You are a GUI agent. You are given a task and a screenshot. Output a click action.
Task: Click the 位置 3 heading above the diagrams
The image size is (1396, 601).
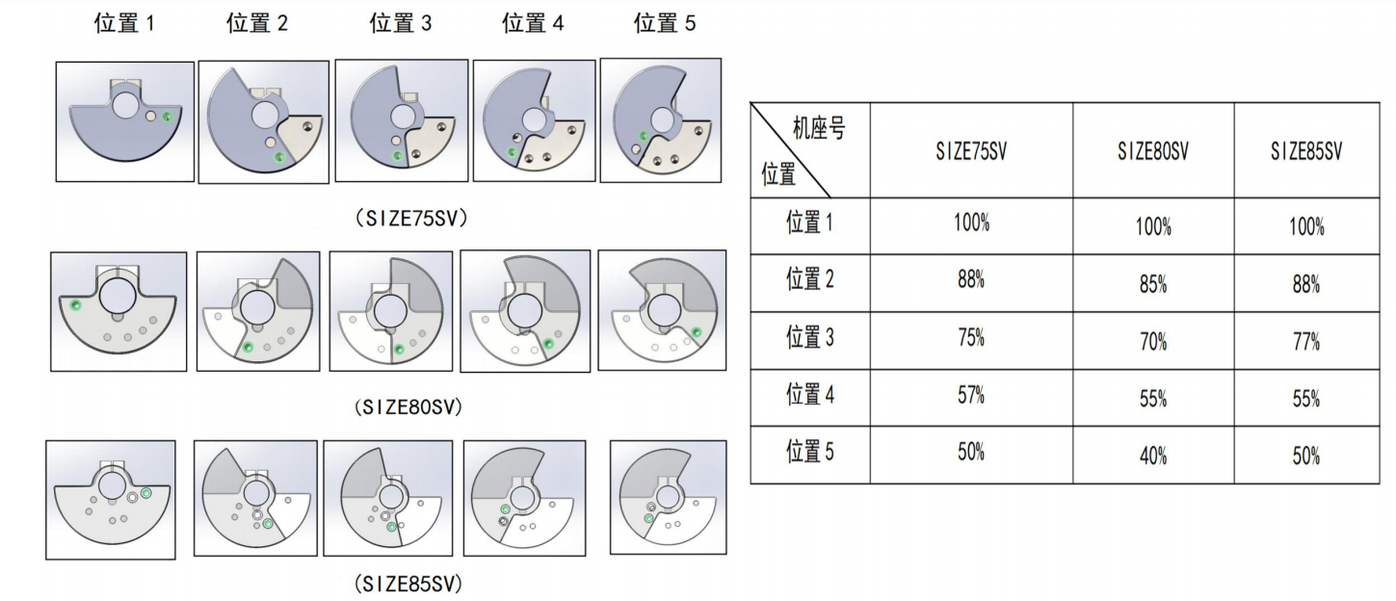pos(400,23)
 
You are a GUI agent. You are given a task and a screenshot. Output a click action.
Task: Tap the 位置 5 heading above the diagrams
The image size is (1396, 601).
pos(665,23)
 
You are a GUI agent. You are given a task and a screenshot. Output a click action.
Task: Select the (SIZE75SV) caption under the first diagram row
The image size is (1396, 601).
pos(411,219)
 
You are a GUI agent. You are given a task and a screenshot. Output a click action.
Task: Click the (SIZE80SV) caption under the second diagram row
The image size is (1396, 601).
pos(408,407)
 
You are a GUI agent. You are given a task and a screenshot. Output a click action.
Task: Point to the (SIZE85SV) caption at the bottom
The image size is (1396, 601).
pos(408,585)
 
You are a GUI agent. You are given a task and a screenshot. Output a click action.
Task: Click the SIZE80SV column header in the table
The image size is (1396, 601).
pos(1153,151)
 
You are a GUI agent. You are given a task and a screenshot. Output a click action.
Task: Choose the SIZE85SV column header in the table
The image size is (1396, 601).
pos(1306,151)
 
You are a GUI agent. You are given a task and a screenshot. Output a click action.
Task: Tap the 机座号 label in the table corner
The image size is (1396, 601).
pos(819,128)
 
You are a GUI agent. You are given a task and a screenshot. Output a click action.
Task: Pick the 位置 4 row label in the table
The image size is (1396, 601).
pos(809,394)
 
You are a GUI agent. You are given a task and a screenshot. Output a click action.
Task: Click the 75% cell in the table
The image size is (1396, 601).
pos(971,337)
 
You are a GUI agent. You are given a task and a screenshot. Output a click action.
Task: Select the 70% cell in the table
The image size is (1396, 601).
pos(1153,341)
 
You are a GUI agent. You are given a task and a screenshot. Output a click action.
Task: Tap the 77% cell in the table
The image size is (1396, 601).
pos(1306,341)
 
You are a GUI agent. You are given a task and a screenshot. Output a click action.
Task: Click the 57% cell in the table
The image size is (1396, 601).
pos(971,395)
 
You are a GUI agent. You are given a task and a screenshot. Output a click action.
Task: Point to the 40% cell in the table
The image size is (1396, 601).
pos(1153,456)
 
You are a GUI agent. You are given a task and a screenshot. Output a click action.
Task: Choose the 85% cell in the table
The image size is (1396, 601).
pos(1153,285)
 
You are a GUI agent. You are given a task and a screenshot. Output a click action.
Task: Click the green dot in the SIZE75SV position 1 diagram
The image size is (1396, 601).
pos(167,117)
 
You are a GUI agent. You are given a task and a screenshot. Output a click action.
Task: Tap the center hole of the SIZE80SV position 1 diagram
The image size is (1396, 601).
pos(118,296)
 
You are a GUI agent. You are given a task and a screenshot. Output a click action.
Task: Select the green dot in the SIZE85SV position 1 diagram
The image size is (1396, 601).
pos(145,493)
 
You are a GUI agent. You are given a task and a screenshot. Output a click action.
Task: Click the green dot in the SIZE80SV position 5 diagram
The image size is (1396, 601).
pos(697,332)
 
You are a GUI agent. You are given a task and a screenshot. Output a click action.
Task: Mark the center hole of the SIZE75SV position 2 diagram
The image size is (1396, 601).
pos(265,116)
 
